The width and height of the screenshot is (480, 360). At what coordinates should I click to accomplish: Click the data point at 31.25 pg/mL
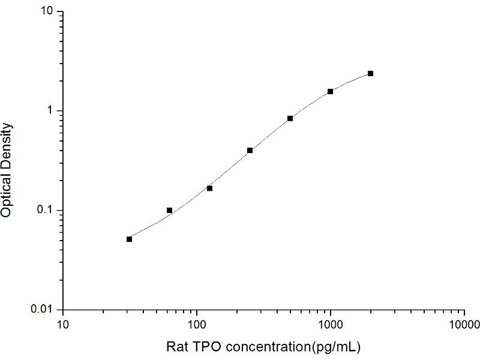[x=129, y=239]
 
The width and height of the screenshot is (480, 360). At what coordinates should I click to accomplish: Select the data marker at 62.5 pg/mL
[x=169, y=210]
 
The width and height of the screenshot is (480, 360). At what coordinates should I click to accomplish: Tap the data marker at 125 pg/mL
[x=209, y=188]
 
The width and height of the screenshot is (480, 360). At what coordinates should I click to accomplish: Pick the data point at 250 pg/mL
[x=250, y=150]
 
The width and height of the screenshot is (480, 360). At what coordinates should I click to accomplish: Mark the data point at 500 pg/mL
[x=290, y=118]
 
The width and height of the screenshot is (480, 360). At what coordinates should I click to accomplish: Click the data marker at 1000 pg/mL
[x=330, y=91]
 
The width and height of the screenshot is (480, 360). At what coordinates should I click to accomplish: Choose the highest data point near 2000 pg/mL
[x=370, y=73]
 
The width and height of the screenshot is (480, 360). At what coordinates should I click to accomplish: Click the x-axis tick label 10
[x=63, y=325]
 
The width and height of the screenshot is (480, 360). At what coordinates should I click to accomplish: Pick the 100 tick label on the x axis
[x=197, y=325]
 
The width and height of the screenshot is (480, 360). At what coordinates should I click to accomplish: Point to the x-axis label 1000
[x=330, y=325]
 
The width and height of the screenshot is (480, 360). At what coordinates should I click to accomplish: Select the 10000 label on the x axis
[x=463, y=325]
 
